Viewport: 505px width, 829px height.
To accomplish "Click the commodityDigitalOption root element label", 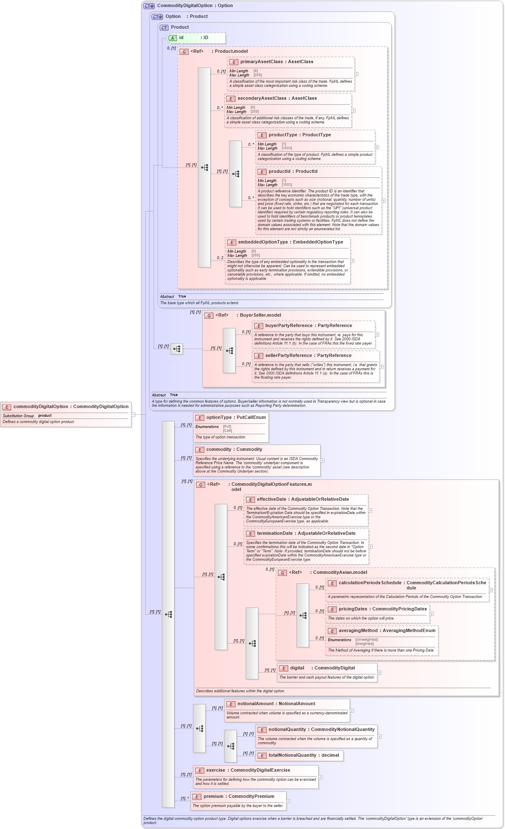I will pyautogui.click(x=71, y=406).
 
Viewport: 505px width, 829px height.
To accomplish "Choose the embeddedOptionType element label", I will pyautogui.click(x=290, y=242).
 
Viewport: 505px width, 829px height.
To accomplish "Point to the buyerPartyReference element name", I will pyautogui.click(x=308, y=325).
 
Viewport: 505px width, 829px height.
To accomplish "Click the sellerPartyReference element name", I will pyautogui.click(x=308, y=355).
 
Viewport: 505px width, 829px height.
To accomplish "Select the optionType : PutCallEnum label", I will pyautogui.click(x=235, y=417).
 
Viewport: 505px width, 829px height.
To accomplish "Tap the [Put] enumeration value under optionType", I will pyautogui.click(x=227, y=426).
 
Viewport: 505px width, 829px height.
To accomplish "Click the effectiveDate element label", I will pyautogui.click(x=303, y=499).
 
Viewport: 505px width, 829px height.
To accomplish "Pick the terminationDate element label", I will pyautogui.click(x=306, y=533).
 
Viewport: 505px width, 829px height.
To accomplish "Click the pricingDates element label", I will pyautogui.click(x=382, y=609).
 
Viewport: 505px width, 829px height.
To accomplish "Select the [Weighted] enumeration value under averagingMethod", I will pyautogui.click(x=364, y=644).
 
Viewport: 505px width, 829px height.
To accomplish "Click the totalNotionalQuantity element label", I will pyautogui.click(x=304, y=755).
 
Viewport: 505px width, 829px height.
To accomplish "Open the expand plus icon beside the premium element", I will pyautogui.click(x=288, y=801).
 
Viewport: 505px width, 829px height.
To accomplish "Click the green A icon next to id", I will pyautogui.click(x=173, y=38).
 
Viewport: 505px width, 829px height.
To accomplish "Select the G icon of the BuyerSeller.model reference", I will pyautogui.click(x=209, y=315).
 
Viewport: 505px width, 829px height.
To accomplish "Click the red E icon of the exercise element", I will pyautogui.click(x=199, y=770).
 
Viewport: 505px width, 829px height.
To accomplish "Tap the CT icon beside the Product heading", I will pyautogui.click(x=164, y=27).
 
